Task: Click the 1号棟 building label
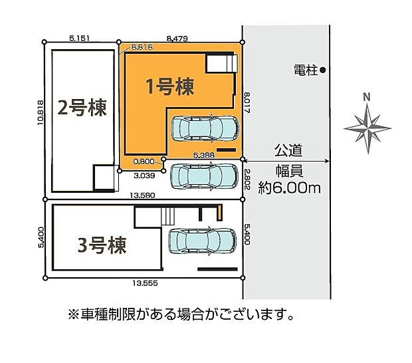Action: [170, 87]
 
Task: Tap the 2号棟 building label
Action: [82, 108]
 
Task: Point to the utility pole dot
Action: [322, 69]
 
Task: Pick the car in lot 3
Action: [202, 239]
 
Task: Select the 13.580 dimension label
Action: [143, 196]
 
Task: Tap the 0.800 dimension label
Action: [144, 161]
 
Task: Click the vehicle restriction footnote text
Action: [179, 313]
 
